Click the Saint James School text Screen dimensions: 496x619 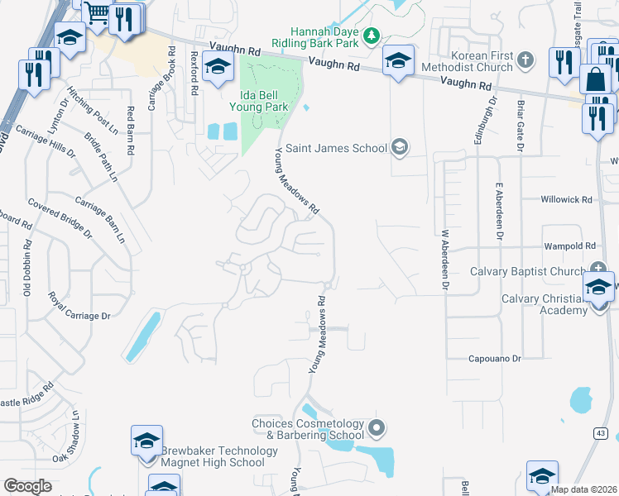(346, 149)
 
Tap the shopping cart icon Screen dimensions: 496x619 (98, 13)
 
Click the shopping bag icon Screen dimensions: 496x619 (594, 80)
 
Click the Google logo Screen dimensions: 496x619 (27, 486)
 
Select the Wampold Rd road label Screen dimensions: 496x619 (570, 246)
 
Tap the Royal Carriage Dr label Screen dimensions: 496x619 (79, 305)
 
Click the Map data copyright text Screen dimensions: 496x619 (583, 489)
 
